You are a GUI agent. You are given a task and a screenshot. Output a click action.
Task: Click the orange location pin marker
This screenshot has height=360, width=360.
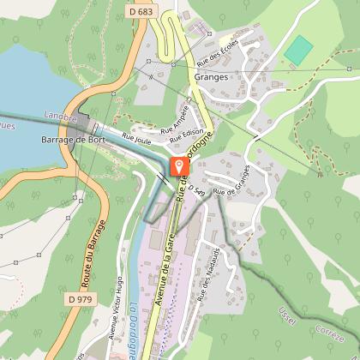pos(178,166)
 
